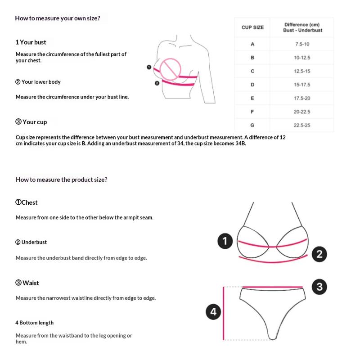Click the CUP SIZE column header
click(252, 27)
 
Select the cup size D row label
click(252, 85)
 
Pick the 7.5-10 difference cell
click(302, 44)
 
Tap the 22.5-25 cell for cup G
click(302, 125)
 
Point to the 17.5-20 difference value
click(302, 98)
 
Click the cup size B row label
click(252, 58)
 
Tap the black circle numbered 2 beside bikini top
click(319, 254)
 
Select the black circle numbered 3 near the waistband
click(319, 287)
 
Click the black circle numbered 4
click(213, 312)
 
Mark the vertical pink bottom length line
click(224, 313)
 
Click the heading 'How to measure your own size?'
click(58, 18)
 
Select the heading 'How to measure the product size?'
click(62, 180)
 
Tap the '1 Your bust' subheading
click(31, 42)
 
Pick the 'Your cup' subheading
click(31, 122)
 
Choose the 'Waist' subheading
click(27, 283)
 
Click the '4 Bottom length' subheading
click(35, 323)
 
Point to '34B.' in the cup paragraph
click(239, 144)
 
